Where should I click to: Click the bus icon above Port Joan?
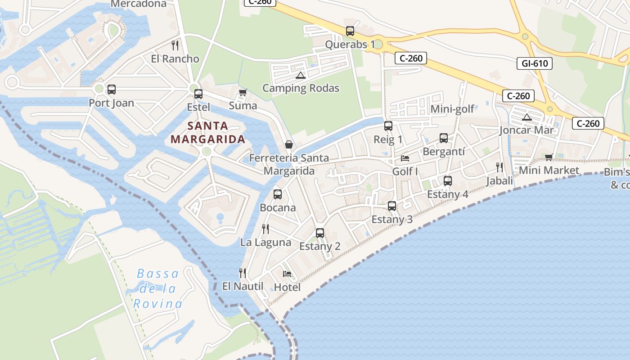coord(111,90)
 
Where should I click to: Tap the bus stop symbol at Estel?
coord(198,94)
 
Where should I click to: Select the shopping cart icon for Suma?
coord(243,93)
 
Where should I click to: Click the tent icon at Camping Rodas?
coord(301,75)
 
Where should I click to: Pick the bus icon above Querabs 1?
coord(350,31)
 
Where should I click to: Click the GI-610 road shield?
coord(535,63)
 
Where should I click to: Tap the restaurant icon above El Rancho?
coord(175,45)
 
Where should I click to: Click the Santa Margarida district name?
coord(208,132)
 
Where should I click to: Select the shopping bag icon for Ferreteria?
coord(289,144)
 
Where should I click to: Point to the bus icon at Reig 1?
coord(388,126)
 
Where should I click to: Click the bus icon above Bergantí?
coord(443,138)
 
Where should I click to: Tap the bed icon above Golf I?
coord(405,158)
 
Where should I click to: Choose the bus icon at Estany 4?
coord(447,181)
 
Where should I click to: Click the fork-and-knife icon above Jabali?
coord(499,167)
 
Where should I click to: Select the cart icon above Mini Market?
coord(549,157)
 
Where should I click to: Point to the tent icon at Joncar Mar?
coord(526,117)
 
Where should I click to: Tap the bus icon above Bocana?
coord(278,194)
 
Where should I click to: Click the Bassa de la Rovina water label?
coord(157,288)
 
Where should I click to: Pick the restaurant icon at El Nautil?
coord(243,273)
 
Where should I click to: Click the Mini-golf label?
coord(452,109)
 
